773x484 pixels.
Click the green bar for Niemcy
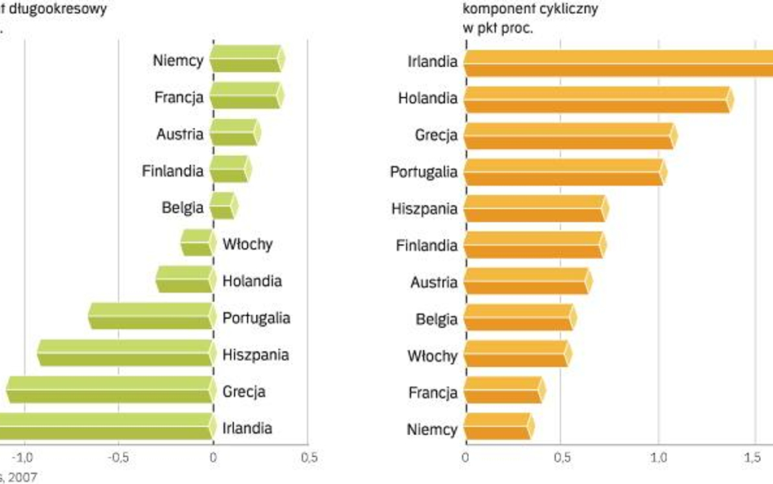[247, 60]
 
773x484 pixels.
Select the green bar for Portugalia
[151, 317]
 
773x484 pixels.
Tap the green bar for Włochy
[197, 243]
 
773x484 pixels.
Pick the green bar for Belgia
[223, 206]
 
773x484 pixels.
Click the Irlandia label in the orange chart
[432, 61]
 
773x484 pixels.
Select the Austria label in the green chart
[180, 134]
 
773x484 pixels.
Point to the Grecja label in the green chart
[244, 392]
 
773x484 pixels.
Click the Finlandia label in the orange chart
[426, 245]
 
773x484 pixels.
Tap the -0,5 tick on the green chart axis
[118, 457]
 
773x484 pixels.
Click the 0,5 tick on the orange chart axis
[560, 457]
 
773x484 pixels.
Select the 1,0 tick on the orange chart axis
[657, 457]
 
